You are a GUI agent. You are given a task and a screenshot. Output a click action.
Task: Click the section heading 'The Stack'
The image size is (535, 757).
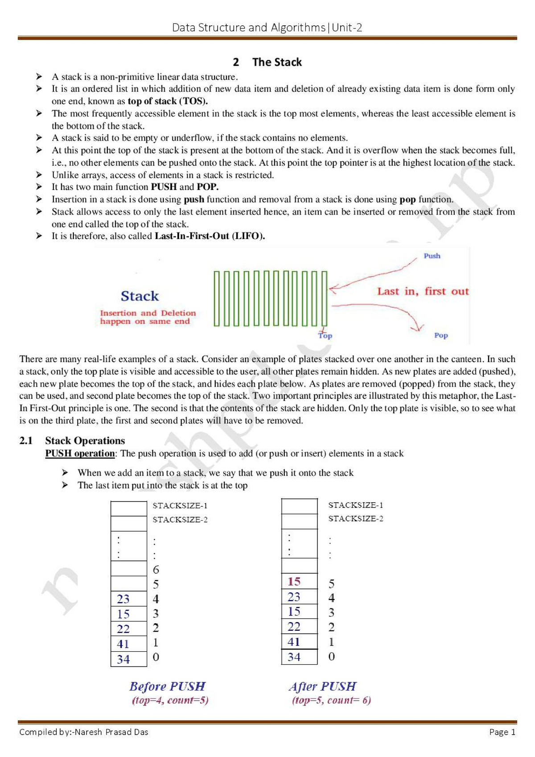click(277, 62)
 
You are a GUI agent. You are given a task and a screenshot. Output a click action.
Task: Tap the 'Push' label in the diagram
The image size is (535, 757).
click(432, 256)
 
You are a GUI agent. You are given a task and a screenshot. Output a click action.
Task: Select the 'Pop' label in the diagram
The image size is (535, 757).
click(440, 335)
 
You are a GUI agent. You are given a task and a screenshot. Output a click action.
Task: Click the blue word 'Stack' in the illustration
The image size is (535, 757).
click(140, 296)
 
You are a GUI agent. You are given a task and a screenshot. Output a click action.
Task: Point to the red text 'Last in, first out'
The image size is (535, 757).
click(423, 291)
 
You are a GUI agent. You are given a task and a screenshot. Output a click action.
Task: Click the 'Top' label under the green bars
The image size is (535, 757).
click(325, 335)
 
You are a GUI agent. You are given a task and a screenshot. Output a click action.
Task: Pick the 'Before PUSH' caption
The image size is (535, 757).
click(167, 686)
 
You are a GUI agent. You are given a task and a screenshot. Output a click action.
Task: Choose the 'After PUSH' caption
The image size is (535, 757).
click(322, 686)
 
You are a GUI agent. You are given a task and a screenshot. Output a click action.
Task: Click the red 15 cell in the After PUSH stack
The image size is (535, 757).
click(294, 582)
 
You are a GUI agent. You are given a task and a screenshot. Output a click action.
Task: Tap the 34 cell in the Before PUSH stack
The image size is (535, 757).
click(123, 659)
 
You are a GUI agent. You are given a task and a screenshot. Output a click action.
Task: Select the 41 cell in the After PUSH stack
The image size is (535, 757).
click(294, 642)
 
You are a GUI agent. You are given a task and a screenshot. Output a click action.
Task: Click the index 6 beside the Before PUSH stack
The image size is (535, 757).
click(156, 570)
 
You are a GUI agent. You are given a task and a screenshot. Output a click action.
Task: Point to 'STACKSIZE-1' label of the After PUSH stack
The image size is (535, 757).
click(355, 505)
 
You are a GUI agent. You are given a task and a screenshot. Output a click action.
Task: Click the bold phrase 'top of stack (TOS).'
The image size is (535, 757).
click(168, 101)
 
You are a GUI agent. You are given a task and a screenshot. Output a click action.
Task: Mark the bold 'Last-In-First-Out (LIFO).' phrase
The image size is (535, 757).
click(210, 236)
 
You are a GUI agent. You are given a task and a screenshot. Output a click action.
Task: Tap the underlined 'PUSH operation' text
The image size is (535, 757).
click(80, 453)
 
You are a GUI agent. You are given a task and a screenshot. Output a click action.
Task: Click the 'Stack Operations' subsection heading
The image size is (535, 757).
click(85, 441)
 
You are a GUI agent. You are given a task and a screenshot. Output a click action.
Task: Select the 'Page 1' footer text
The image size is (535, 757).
click(502, 732)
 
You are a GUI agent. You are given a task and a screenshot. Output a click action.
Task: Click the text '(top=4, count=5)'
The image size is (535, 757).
click(170, 700)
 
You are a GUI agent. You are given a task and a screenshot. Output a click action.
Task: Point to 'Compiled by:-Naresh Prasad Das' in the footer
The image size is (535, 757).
click(84, 732)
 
